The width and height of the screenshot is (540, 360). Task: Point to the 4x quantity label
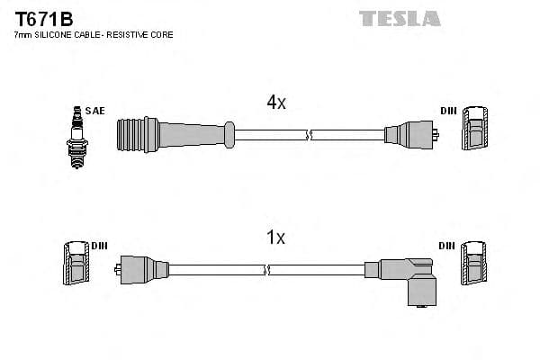(x=276, y=103)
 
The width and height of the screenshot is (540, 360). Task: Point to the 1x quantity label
(x=276, y=238)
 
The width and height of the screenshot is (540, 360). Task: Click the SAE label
(x=95, y=111)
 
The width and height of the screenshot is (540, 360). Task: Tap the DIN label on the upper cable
(x=448, y=111)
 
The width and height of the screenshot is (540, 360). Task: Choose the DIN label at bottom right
(x=447, y=246)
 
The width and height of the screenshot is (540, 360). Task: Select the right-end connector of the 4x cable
(x=409, y=136)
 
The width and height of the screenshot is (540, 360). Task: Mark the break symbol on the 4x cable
(x=310, y=136)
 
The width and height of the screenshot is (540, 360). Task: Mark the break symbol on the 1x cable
(x=267, y=269)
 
